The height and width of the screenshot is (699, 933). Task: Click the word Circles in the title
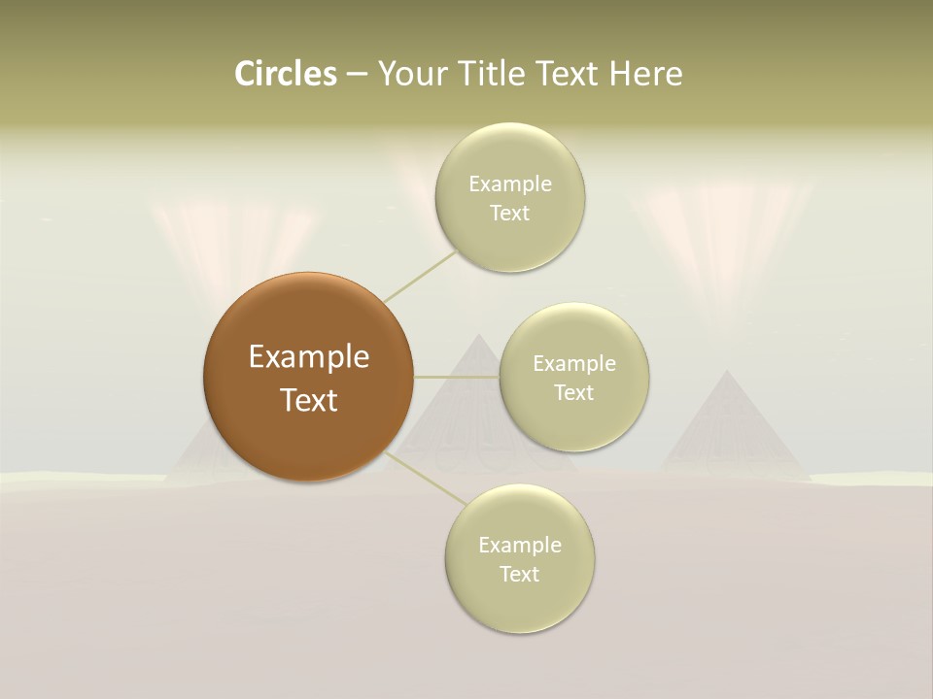pyautogui.click(x=285, y=74)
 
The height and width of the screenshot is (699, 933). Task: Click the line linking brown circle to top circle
pyautogui.click(x=420, y=275)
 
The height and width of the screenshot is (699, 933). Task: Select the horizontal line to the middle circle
pyautogui.click(x=456, y=376)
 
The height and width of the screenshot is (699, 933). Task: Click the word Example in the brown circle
pyautogui.click(x=309, y=357)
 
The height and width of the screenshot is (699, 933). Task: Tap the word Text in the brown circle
pyautogui.click(x=309, y=400)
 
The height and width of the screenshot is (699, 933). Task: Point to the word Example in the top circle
pyautogui.click(x=509, y=183)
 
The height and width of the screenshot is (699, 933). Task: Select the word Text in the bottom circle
pyautogui.click(x=519, y=574)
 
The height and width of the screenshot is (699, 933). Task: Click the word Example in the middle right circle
pyautogui.click(x=573, y=363)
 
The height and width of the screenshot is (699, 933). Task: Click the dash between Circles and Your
pyautogui.click(x=356, y=74)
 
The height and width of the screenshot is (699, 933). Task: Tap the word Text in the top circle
pyautogui.click(x=509, y=213)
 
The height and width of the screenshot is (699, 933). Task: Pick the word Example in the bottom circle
pyautogui.click(x=519, y=545)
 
